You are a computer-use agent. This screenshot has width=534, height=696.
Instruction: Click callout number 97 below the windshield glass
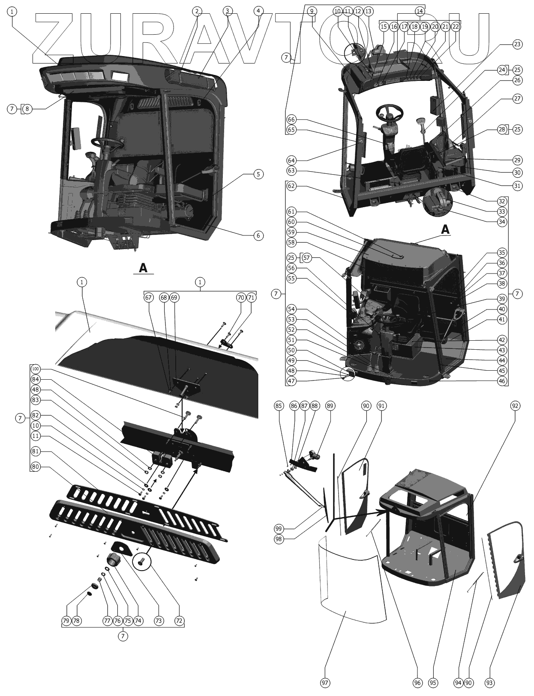325,683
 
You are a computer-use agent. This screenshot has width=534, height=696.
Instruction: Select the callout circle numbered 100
36,369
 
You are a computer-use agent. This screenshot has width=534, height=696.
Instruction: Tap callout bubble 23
517,44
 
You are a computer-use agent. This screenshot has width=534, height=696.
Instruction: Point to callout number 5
258,174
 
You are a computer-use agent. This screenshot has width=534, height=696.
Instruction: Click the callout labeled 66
291,119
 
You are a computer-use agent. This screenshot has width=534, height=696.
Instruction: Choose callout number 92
515,405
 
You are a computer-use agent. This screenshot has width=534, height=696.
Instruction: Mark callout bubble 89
330,405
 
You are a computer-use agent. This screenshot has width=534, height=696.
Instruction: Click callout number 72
180,620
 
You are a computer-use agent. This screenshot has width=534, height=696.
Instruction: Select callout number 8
27,109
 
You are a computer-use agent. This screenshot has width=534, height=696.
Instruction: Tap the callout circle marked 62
291,186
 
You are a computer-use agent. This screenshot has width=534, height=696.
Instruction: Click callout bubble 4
258,11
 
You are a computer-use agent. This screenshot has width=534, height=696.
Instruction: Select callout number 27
517,98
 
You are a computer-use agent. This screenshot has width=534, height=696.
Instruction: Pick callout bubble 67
148,297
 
